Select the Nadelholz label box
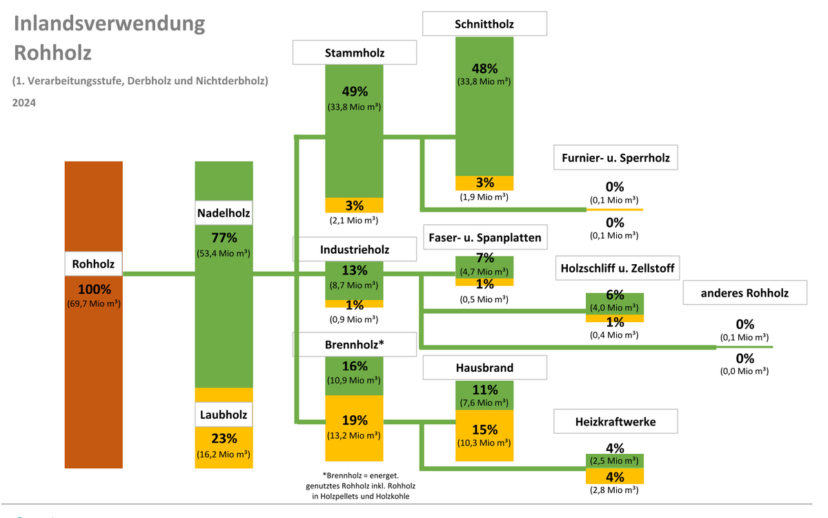coord(224,214)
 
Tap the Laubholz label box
coord(224,415)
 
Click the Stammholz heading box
coord(355,53)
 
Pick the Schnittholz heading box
coord(484,25)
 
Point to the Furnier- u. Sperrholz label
coord(615,158)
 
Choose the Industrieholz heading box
coord(355,250)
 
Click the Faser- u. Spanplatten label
coord(484,238)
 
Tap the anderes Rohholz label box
coord(745,292)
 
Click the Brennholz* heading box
coord(355,344)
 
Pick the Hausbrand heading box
coord(484,368)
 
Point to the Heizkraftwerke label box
coord(615,421)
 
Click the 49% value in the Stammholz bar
coord(355,92)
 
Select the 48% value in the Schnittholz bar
coord(484,68)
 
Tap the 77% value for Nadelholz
coord(224,238)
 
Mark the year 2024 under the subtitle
coord(23,103)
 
